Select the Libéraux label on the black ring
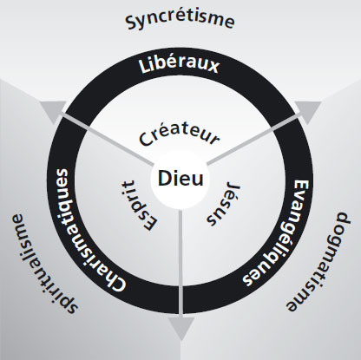point(179,65)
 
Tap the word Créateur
point(179,135)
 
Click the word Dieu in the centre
point(180,179)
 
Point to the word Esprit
point(138,205)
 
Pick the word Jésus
point(223,204)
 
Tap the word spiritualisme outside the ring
point(44,264)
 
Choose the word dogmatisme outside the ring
point(318,262)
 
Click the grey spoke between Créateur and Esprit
point(108,140)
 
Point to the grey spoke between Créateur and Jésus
point(253,140)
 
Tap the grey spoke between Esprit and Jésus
point(180,262)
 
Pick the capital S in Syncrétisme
point(131,23)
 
